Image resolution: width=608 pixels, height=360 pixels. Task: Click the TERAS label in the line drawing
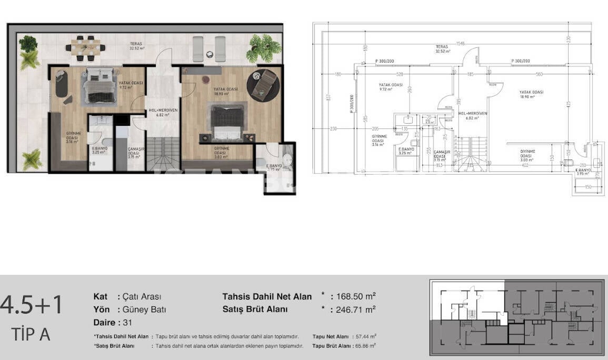(x=442, y=46)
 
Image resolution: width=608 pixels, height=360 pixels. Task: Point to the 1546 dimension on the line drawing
(x=461, y=43)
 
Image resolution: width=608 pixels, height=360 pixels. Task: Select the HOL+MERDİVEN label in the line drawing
(x=473, y=113)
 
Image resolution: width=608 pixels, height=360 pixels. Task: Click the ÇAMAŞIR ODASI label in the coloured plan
(x=135, y=152)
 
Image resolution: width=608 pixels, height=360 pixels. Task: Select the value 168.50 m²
(x=356, y=296)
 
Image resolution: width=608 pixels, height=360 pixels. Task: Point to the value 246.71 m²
(x=356, y=309)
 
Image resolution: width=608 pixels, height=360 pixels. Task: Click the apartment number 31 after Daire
(x=127, y=322)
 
